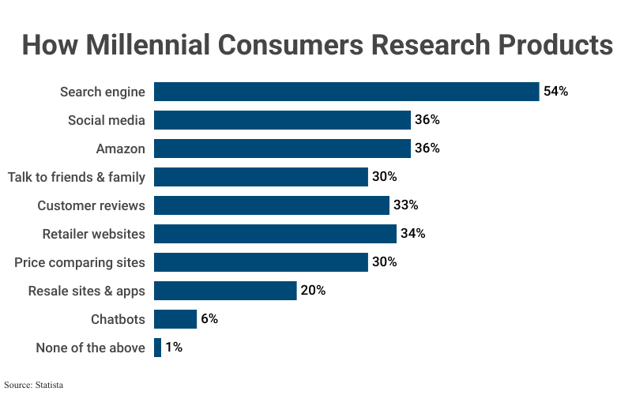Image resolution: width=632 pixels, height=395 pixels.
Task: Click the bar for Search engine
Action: pos(346,92)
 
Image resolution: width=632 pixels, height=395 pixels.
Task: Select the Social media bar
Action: pos(282,120)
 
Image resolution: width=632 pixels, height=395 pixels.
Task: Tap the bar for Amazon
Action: pos(282,149)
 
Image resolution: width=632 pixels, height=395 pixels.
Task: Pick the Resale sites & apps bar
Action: pos(225,291)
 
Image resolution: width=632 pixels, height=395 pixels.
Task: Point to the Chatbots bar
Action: pos(175,319)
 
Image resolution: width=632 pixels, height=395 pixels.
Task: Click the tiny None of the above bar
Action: pos(158,348)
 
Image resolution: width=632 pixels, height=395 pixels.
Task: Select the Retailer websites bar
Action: pos(275,234)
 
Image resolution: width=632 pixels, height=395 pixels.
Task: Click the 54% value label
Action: pos(555,92)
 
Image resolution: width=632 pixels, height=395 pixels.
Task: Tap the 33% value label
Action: pos(405,205)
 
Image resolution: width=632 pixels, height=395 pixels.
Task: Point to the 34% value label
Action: pos(412,234)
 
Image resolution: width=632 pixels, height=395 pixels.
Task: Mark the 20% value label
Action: pos(313,291)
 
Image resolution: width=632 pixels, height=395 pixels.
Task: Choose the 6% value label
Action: pos(209,319)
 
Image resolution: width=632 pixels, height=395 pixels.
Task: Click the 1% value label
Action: pos(173,348)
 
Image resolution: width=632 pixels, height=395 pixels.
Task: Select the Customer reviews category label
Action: pos(91,205)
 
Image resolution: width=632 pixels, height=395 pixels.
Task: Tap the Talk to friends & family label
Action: pos(77,177)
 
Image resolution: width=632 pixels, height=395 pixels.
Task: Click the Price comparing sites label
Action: pos(80,262)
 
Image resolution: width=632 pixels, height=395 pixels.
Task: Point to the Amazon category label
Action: pos(120,149)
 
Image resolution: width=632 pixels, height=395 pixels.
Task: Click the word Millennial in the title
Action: pos(169,45)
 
